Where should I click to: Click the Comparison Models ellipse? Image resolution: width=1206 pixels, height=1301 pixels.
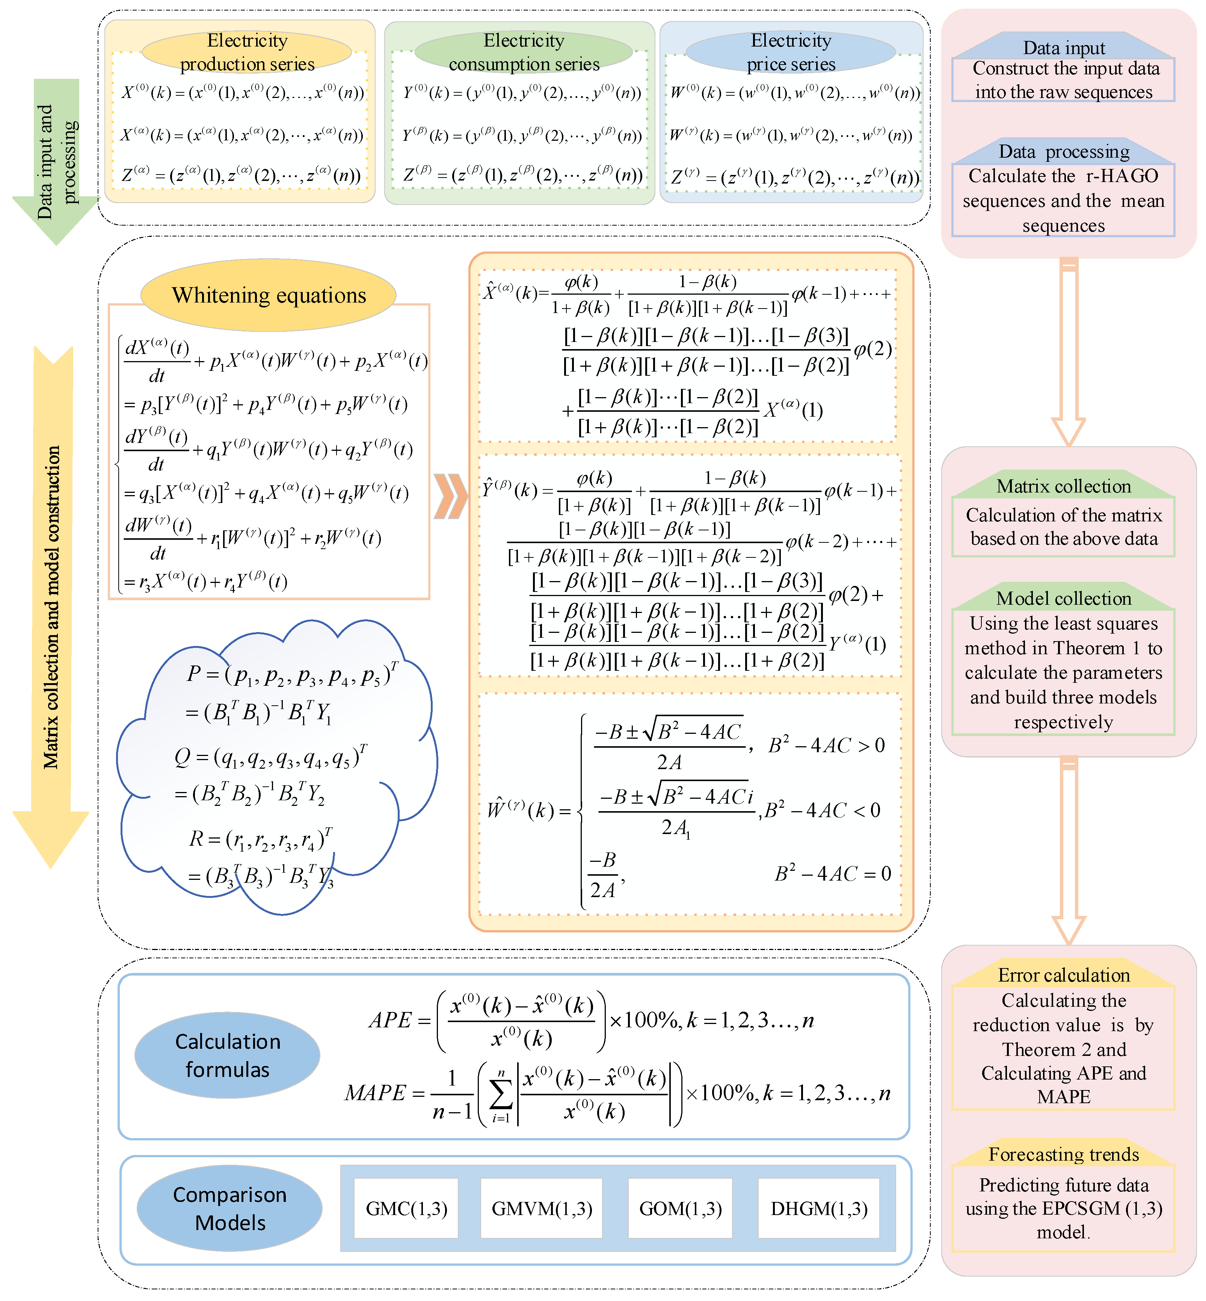(x=230, y=1208)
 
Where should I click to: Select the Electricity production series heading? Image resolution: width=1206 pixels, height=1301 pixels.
(x=248, y=52)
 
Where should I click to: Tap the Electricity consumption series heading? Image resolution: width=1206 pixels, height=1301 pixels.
(x=524, y=52)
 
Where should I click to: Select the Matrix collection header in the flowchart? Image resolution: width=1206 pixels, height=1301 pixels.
(x=1064, y=486)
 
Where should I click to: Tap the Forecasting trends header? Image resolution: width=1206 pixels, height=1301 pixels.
(x=1064, y=1154)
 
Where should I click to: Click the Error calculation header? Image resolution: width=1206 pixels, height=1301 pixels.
(x=1064, y=975)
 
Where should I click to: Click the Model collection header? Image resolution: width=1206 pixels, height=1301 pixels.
(x=1064, y=598)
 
